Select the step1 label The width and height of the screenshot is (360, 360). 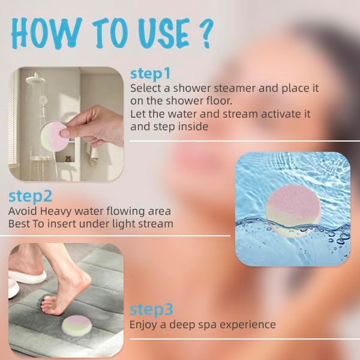[151, 74]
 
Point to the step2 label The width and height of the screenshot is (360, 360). [31, 196]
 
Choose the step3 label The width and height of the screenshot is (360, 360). [151, 310]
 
